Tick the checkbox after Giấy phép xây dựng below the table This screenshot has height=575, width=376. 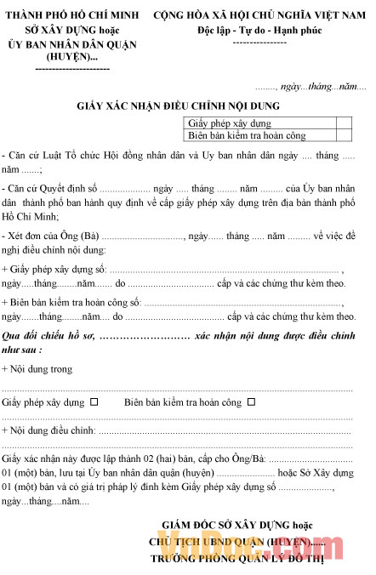coord(94,401)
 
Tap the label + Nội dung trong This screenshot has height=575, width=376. coord(37,369)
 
